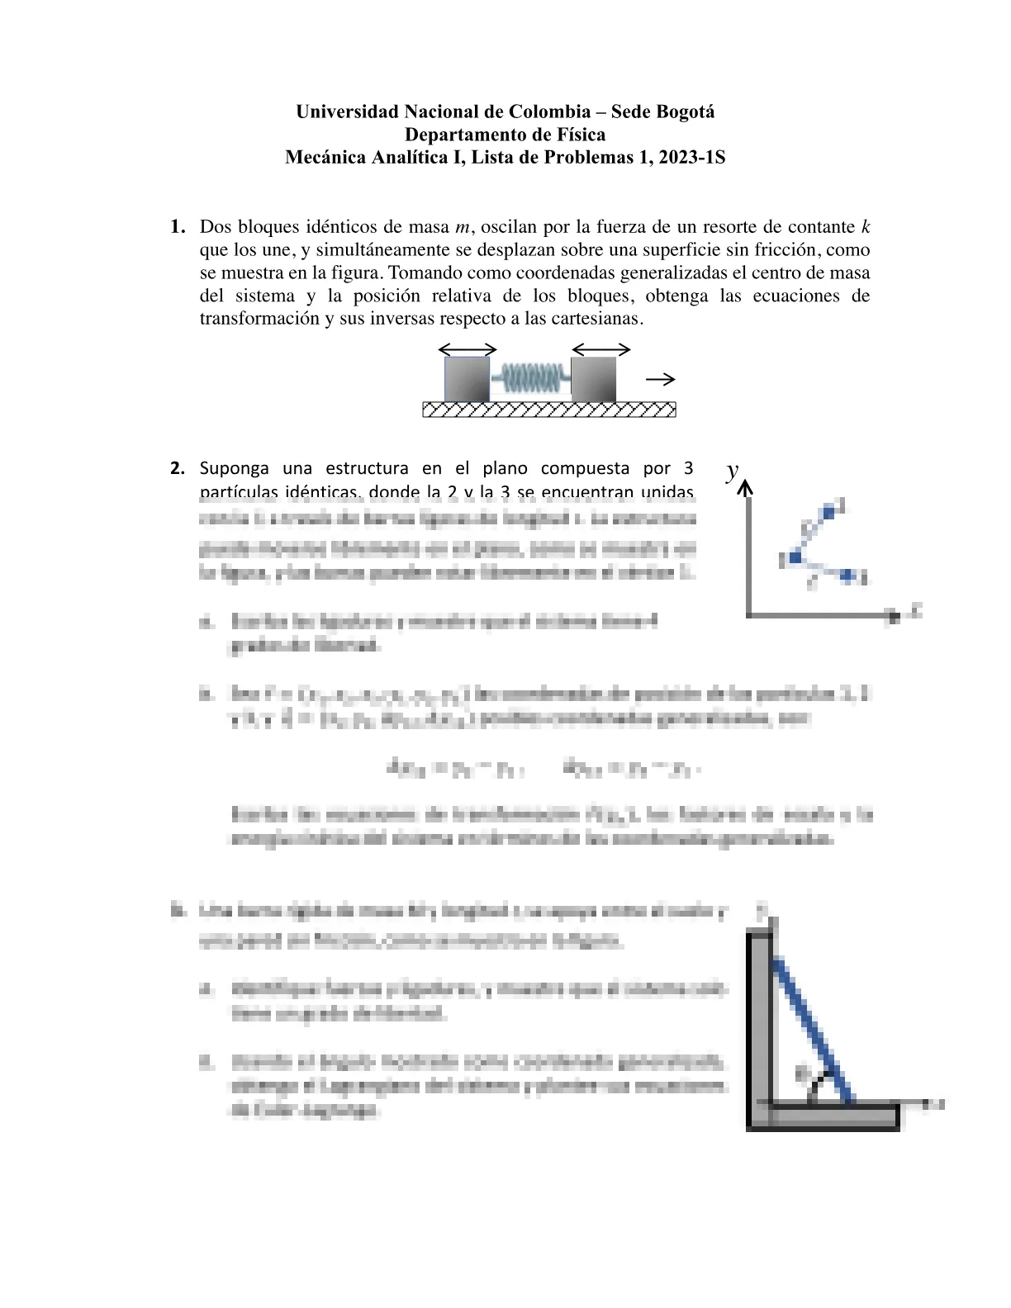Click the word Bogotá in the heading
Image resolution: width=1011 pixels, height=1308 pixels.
pos(685,112)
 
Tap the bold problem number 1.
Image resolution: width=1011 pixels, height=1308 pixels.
pos(176,227)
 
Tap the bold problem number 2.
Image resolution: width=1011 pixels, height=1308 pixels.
pos(177,469)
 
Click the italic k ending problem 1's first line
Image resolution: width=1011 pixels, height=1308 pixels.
pos(865,226)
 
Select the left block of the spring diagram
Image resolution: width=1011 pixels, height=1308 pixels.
pos(467,379)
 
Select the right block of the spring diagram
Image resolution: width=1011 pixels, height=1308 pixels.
pos(593,379)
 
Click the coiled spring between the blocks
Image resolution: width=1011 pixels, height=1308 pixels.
pos(530,379)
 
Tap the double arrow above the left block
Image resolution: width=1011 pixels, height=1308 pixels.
pos(467,349)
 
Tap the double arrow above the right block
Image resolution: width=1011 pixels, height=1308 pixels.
pos(600,349)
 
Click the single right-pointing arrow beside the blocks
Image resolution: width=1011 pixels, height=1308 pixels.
pos(661,380)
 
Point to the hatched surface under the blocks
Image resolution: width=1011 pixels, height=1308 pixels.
pos(548,410)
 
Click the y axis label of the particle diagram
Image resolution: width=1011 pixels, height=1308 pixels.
pos(732,472)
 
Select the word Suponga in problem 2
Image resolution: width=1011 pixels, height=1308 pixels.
pos(235,469)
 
